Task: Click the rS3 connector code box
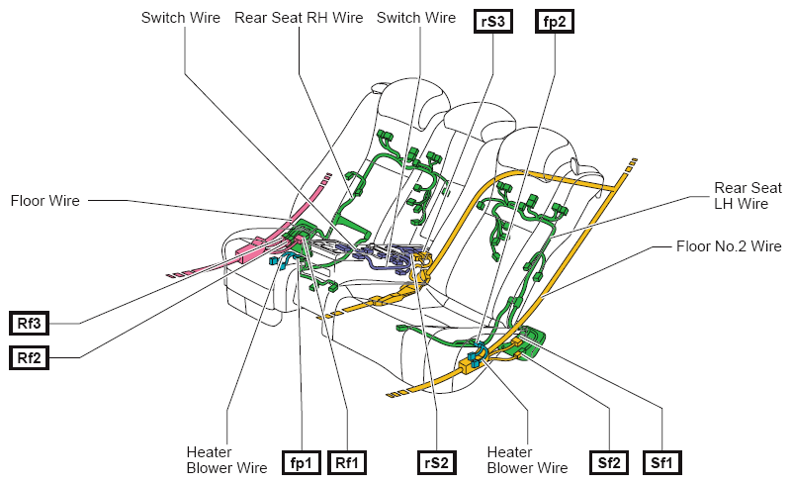pyautogui.click(x=492, y=22)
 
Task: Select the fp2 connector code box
pyautogui.click(x=554, y=22)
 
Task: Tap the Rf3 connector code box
pyautogui.click(x=29, y=324)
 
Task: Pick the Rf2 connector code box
pyautogui.click(x=29, y=358)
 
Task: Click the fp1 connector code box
pyautogui.click(x=302, y=463)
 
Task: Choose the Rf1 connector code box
pyautogui.click(x=347, y=463)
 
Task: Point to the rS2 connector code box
pyautogui.click(x=437, y=463)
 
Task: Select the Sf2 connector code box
pyautogui.click(x=609, y=463)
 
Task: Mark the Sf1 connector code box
pyautogui.click(x=661, y=463)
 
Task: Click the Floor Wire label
pyautogui.click(x=44, y=201)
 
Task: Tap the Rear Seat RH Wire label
pyautogui.click(x=299, y=18)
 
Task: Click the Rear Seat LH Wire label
pyautogui.click(x=747, y=196)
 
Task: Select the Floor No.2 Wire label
pyautogui.click(x=729, y=246)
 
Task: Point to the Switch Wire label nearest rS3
pyautogui.click(x=416, y=18)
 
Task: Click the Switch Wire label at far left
pyautogui.click(x=181, y=18)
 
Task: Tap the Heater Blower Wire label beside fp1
pyautogui.click(x=226, y=459)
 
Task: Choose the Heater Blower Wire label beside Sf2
pyautogui.click(x=527, y=459)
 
